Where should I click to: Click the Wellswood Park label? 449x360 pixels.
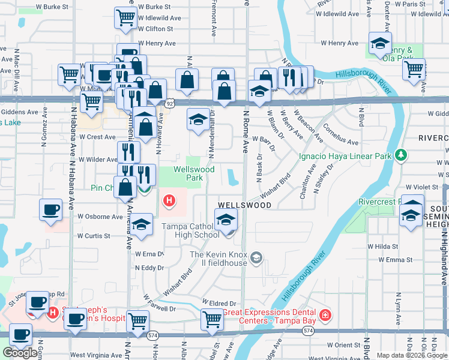pyautogui.click(x=194, y=173)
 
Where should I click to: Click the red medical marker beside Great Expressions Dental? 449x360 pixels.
pyautogui.click(x=325, y=314)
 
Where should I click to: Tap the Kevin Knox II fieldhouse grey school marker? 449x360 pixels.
pyautogui.click(x=256, y=258)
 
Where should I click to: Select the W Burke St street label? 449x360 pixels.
pyautogui.click(x=154, y=6)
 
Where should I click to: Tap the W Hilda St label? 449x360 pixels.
pyautogui.click(x=382, y=247)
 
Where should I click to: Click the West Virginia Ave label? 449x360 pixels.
pyautogui.click(x=95, y=355)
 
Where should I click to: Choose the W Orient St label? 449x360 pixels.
pyautogui.click(x=344, y=345)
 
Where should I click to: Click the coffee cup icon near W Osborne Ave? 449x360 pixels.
pyautogui.click(x=50, y=210)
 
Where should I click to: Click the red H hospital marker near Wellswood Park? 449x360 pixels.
pyautogui.click(x=170, y=200)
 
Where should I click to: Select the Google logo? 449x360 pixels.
pyautogui.click(x=20, y=353)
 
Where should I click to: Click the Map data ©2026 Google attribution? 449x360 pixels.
pyautogui.click(x=412, y=355)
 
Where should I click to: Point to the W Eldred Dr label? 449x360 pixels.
pyautogui.click(x=220, y=303)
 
